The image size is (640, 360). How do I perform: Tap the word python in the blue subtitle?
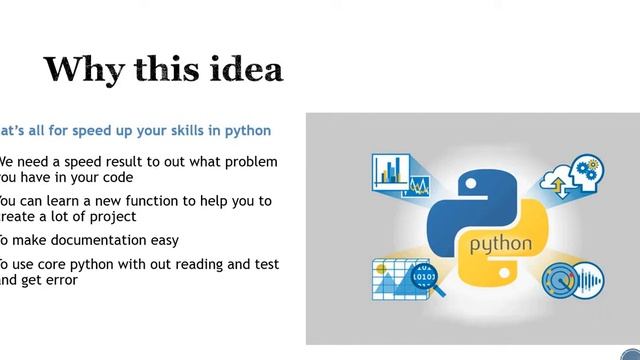point(249,131)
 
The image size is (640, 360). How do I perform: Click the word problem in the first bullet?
point(249,161)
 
